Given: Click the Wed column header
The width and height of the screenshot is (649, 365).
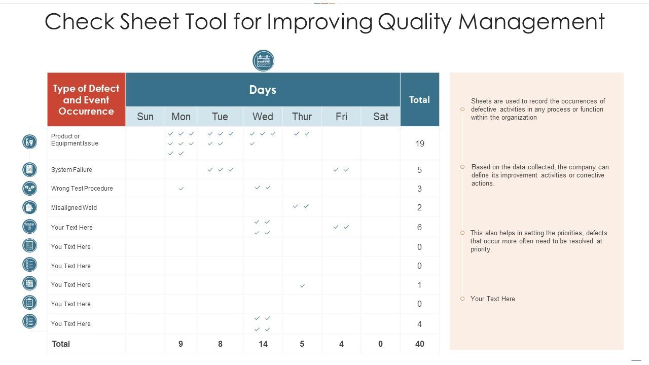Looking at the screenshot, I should point(263,117).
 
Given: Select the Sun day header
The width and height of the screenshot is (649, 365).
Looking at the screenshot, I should point(145,117).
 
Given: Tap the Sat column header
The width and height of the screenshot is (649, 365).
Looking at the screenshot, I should point(381,117).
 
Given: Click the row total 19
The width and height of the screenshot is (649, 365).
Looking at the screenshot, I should point(420,143).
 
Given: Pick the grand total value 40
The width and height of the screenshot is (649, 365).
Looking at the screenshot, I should point(420,344).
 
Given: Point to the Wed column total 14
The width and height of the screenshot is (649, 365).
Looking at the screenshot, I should point(263,344).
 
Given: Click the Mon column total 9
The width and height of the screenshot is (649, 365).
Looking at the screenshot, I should point(181,344).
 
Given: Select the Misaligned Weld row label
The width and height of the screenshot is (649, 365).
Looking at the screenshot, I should point(74,208).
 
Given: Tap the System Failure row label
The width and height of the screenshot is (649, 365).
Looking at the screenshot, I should point(71,170).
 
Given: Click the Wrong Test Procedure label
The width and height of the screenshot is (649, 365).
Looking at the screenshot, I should point(82,189).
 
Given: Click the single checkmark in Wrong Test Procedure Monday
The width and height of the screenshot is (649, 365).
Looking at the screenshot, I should point(181,189).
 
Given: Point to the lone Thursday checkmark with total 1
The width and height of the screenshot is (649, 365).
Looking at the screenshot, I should point(302,286).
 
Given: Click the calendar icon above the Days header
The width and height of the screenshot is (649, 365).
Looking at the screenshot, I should point(263,61).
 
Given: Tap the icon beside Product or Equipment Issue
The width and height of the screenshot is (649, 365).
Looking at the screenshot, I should point(30,142).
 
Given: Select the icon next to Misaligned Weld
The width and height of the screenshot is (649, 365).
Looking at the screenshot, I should point(30,207).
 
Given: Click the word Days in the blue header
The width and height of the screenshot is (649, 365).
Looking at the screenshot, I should point(263,90).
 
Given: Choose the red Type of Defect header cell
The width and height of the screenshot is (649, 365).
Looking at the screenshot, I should point(86,99).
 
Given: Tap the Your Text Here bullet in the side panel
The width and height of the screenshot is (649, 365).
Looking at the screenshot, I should point(492,299).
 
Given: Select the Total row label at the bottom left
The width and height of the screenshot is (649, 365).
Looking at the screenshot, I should point(61,344).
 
